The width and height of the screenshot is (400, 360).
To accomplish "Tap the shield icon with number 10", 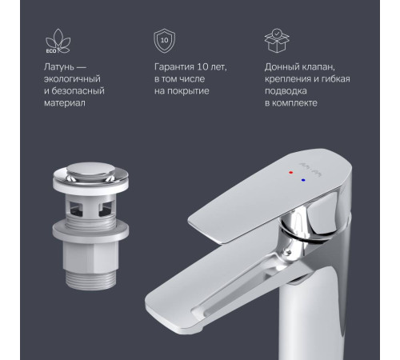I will (165, 41).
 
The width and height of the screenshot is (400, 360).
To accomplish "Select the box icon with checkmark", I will (274, 41).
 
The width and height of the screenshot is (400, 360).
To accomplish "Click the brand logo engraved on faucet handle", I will (318, 173).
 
